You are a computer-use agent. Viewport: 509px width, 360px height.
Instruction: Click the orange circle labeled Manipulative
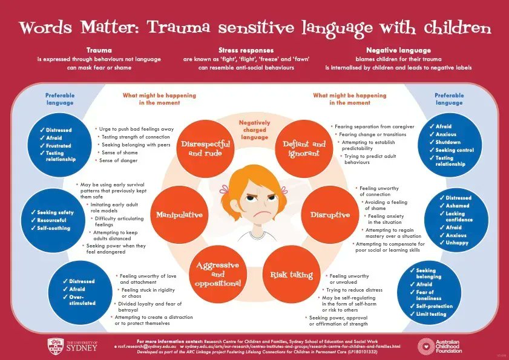click(x=179, y=215)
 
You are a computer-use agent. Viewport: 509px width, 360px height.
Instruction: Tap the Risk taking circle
click(x=292, y=275)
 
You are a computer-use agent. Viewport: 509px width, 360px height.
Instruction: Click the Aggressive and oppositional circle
click(x=217, y=275)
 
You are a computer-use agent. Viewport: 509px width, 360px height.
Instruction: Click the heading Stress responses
click(x=254, y=50)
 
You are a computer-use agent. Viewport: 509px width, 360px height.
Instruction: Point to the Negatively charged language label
click(x=254, y=129)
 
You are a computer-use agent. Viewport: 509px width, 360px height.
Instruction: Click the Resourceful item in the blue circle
click(x=53, y=220)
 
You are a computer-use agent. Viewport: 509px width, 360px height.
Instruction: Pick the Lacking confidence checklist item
click(x=460, y=217)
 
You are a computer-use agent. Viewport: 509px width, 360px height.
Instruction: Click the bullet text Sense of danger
click(x=119, y=160)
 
